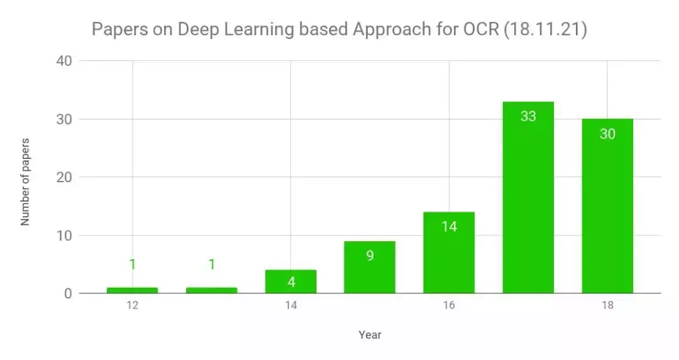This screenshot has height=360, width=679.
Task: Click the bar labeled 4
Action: point(290,283)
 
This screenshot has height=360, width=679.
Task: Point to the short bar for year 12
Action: point(132,290)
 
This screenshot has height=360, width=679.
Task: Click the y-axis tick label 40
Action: point(65,61)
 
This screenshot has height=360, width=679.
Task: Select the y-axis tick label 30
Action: point(65,119)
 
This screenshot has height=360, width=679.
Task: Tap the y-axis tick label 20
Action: point(65,177)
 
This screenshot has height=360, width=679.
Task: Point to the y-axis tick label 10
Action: point(65,236)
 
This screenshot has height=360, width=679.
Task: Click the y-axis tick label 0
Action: point(68,293)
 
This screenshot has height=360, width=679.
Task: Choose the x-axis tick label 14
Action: point(290,306)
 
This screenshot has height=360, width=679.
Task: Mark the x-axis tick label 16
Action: point(449,306)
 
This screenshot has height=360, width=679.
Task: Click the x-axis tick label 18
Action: point(607,306)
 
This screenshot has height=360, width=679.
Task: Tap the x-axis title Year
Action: point(370,335)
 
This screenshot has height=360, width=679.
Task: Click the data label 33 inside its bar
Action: point(528,116)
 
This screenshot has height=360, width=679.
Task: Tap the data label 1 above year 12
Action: point(132,265)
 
